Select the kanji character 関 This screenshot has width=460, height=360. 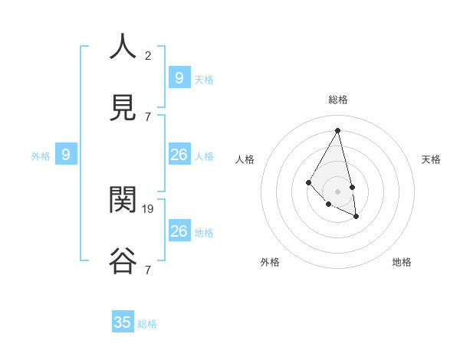tap(123, 200)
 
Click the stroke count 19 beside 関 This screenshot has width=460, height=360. tap(149, 208)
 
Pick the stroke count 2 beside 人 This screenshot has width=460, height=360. tap(148, 55)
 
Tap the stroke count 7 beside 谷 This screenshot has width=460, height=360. tap(148, 270)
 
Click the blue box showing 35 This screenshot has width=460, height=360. tap(123, 322)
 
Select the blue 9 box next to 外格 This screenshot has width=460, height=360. tap(66, 155)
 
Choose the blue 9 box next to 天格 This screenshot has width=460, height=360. tap(179, 77)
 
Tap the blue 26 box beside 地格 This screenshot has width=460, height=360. tap(179, 231)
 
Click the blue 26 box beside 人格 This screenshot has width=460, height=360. tap(179, 155)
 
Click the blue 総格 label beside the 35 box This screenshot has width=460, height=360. tap(147, 324)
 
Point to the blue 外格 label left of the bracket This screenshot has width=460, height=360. tap(41, 156)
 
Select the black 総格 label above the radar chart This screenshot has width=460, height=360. tap(338, 100)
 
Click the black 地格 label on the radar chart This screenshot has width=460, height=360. tap(402, 262)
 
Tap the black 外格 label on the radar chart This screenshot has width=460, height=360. tap(270, 262)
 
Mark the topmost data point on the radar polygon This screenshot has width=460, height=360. tap(337, 130)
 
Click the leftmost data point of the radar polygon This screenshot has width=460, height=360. tap(308, 182)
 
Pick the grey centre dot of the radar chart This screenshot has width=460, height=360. tap(337, 191)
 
